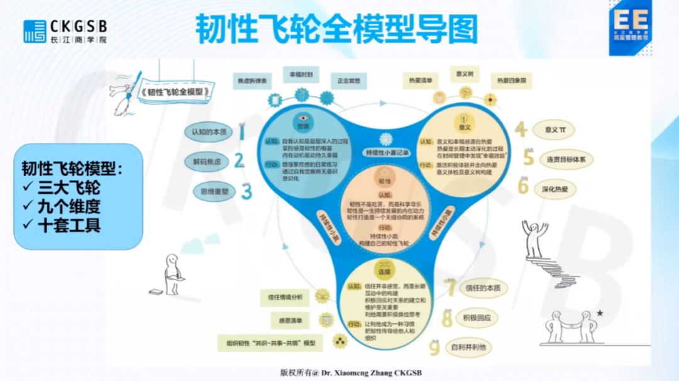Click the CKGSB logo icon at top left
click(35, 31)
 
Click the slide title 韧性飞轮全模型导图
click(336, 29)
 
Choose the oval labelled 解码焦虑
click(207, 162)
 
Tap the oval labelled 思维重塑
click(209, 190)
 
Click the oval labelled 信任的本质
click(483, 289)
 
